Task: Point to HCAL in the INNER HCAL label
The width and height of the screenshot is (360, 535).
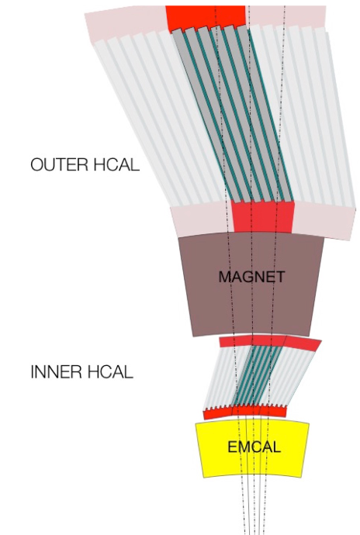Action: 109,372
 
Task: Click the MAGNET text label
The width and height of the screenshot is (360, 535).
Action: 251,277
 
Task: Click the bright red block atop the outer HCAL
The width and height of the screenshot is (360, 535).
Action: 206,17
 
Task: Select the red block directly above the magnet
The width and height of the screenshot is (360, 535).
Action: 262,217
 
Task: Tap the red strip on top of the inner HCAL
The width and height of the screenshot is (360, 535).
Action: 269,342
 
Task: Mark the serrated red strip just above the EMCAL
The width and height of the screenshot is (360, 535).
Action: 244,412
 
